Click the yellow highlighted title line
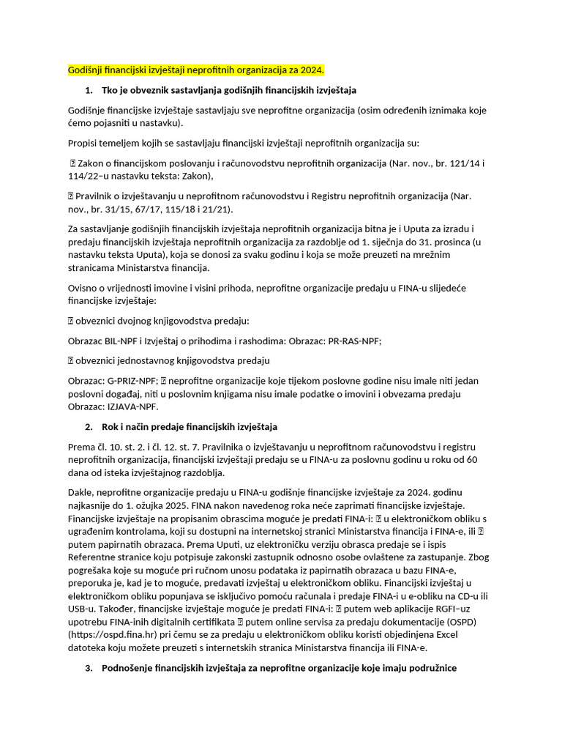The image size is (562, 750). pos(195,70)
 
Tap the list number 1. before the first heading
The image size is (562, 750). pos(89,90)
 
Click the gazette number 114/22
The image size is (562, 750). pos(82,176)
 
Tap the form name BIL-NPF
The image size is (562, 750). pos(121,341)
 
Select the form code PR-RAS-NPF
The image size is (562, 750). pos(355,341)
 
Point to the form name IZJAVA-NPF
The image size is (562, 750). pos(132,407)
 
